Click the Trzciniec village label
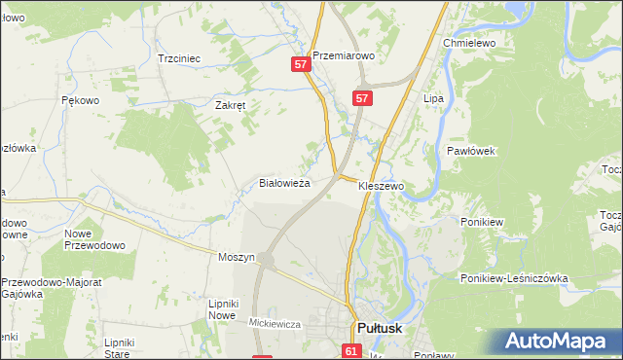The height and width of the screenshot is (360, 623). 179,58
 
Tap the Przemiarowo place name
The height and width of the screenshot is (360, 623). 344,56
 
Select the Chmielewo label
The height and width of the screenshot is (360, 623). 470,45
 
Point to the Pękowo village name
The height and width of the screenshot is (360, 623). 81,100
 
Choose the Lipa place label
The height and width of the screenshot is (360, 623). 433,99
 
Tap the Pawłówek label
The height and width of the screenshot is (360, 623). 472,152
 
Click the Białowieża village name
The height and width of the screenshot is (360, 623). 284,183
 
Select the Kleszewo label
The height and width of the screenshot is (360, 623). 381,185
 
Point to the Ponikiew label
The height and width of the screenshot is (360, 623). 482,222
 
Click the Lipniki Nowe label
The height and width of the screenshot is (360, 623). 223,309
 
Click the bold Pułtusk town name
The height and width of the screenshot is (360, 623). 386,329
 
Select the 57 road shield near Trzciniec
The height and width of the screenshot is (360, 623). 301,64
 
